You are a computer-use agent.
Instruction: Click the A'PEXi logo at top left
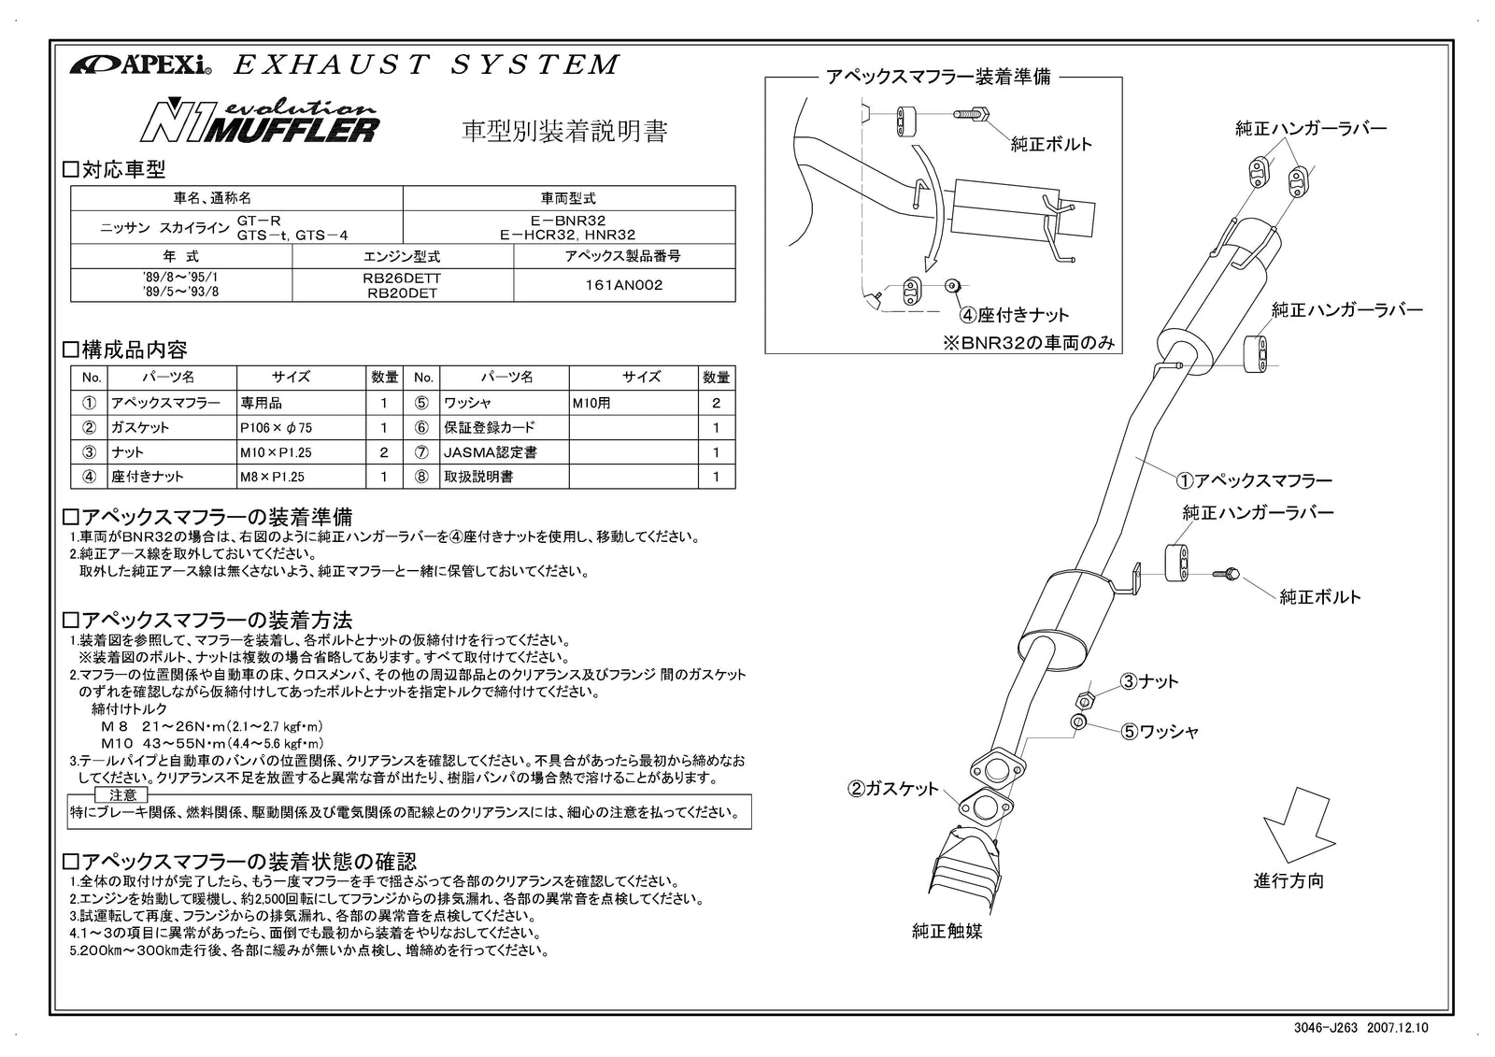click(x=140, y=65)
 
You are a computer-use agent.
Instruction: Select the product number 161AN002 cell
click(x=623, y=285)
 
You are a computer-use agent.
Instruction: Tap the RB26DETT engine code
click(x=402, y=279)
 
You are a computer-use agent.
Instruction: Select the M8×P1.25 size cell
click(x=272, y=477)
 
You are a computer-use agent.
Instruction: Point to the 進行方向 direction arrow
click(x=1297, y=824)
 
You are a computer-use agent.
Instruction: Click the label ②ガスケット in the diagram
click(x=893, y=789)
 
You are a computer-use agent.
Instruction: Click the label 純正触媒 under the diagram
click(x=947, y=931)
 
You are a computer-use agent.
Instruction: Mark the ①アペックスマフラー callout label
click(x=1253, y=480)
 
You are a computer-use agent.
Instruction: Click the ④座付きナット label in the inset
click(x=1014, y=315)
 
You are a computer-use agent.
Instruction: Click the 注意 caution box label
click(x=122, y=794)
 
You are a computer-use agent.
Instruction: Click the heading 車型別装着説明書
click(x=565, y=131)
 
